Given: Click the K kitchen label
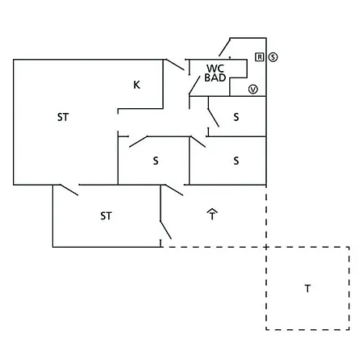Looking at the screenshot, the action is [x=136, y=85].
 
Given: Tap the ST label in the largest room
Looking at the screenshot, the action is [x=63, y=117].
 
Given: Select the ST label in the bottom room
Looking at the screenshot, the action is [x=106, y=216].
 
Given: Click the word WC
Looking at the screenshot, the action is [x=215, y=69].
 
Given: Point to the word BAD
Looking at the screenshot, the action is [x=215, y=77].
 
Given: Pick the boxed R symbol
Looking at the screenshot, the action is [x=260, y=57].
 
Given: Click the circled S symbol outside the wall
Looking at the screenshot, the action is [x=273, y=57].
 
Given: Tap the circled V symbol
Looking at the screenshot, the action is [x=253, y=90].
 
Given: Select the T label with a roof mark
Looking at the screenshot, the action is [x=212, y=215].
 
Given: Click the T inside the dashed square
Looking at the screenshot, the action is [x=307, y=289].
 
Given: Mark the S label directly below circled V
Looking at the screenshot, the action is [x=236, y=117].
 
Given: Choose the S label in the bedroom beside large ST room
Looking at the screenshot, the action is [x=156, y=161].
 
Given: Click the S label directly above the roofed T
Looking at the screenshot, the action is [x=236, y=161].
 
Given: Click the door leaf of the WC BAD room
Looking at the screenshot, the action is [x=194, y=86].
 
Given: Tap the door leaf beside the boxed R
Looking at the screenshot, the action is [x=225, y=47].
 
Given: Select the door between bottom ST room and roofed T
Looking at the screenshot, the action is [x=165, y=230].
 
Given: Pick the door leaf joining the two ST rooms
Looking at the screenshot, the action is [x=69, y=190].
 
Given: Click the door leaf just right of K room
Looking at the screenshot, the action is [x=174, y=65].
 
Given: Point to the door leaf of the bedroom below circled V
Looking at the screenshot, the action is [x=214, y=118].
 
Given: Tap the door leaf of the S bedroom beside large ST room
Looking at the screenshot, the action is [x=138, y=142].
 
